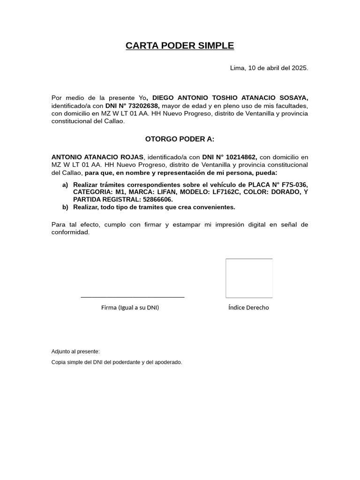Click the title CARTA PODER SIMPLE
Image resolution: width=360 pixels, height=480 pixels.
click(x=180, y=46)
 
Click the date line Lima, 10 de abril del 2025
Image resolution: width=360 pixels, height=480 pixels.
click(x=269, y=68)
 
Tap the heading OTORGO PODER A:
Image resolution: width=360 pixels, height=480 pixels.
click(x=180, y=139)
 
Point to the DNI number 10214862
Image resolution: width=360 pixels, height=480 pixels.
click(x=240, y=157)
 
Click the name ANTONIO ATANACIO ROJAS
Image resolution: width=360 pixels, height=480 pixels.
click(x=97, y=157)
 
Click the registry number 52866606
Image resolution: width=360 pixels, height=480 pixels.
click(x=157, y=200)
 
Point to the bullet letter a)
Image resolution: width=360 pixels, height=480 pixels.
click(x=65, y=185)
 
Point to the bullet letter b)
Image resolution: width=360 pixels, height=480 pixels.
click(x=65, y=207)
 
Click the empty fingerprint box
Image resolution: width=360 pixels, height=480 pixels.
click(x=249, y=278)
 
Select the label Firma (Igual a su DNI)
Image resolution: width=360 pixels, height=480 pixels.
click(x=130, y=308)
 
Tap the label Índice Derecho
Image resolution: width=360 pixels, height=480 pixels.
click(x=248, y=308)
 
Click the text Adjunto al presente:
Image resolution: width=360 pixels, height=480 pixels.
click(x=75, y=352)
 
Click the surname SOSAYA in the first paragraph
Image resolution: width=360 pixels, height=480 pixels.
click(x=293, y=98)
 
